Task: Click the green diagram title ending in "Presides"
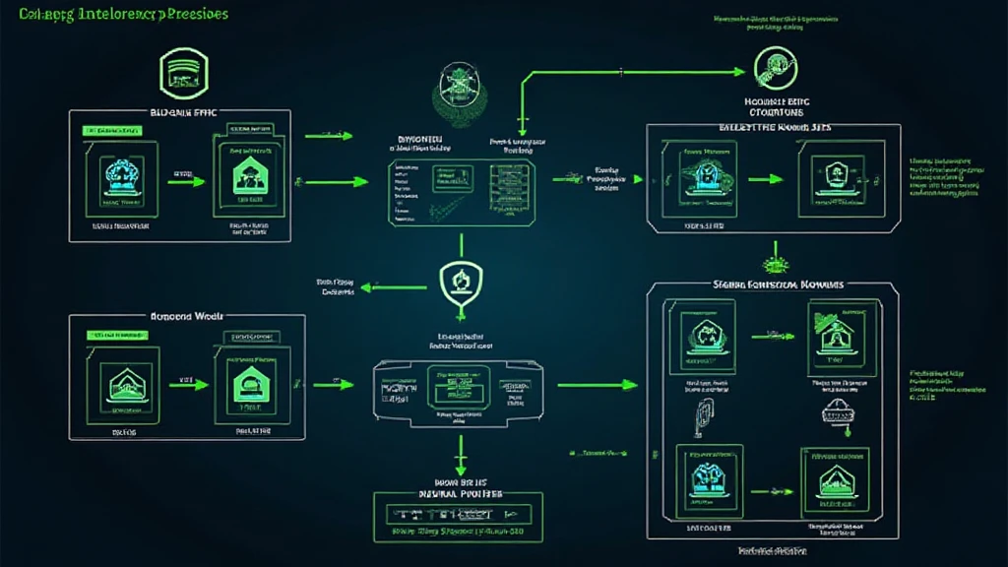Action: click(117, 15)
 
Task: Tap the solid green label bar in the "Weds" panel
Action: click(120, 336)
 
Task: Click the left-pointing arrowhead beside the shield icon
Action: click(363, 287)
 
